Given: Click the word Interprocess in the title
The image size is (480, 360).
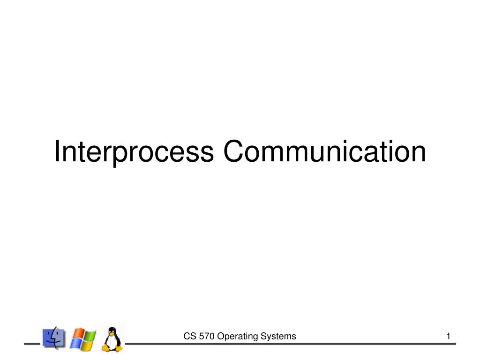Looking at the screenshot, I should click(x=134, y=152).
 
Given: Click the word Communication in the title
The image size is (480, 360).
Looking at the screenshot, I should click(x=324, y=151).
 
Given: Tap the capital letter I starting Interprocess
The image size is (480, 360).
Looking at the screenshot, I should click(x=57, y=151).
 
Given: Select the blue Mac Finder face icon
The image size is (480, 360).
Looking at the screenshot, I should click(x=54, y=337).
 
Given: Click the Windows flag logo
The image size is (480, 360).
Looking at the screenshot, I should click(x=83, y=338).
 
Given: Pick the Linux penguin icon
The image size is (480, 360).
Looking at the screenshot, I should click(x=112, y=338).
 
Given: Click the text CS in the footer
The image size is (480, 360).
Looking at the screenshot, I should click(x=188, y=336).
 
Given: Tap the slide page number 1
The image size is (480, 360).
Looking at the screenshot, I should click(x=449, y=336).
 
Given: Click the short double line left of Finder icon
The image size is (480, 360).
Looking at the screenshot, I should click(x=33, y=345).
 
